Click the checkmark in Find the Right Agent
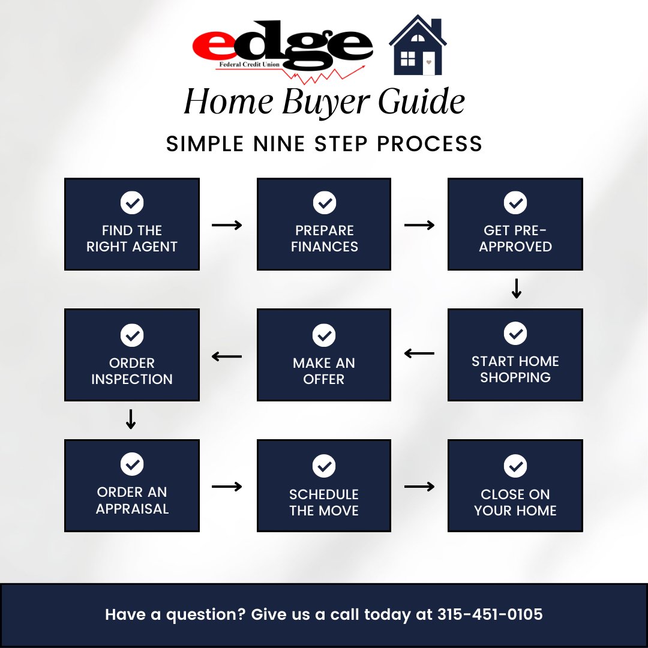(x=132, y=203)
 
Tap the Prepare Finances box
(x=324, y=224)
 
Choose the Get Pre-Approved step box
(x=515, y=224)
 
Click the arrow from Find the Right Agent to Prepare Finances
(x=227, y=225)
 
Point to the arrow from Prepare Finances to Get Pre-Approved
(x=419, y=225)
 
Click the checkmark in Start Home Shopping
(x=515, y=333)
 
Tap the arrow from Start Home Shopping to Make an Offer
(x=419, y=354)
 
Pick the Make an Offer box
(x=324, y=355)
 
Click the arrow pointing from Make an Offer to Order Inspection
(x=227, y=356)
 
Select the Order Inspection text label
(x=132, y=371)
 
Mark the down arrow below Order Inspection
(x=131, y=419)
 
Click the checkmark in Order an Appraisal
(x=132, y=464)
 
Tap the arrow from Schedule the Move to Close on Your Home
(x=419, y=486)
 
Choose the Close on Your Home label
(x=515, y=503)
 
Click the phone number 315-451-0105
(x=490, y=615)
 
